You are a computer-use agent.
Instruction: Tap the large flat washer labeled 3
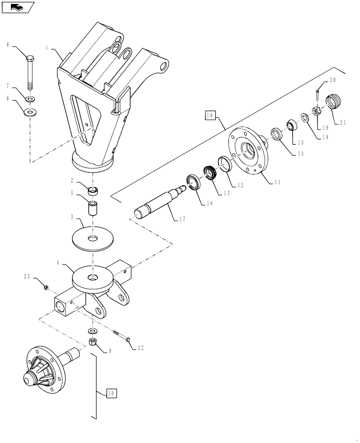point(93,238)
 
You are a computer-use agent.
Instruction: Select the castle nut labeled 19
point(318,111)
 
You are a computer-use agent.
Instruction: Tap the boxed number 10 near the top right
point(211,117)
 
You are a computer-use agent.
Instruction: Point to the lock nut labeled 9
point(94,342)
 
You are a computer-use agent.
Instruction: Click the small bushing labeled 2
point(93,192)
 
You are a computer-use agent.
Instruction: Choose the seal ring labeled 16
point(194,182)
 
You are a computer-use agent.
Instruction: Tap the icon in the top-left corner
point(17,7)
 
